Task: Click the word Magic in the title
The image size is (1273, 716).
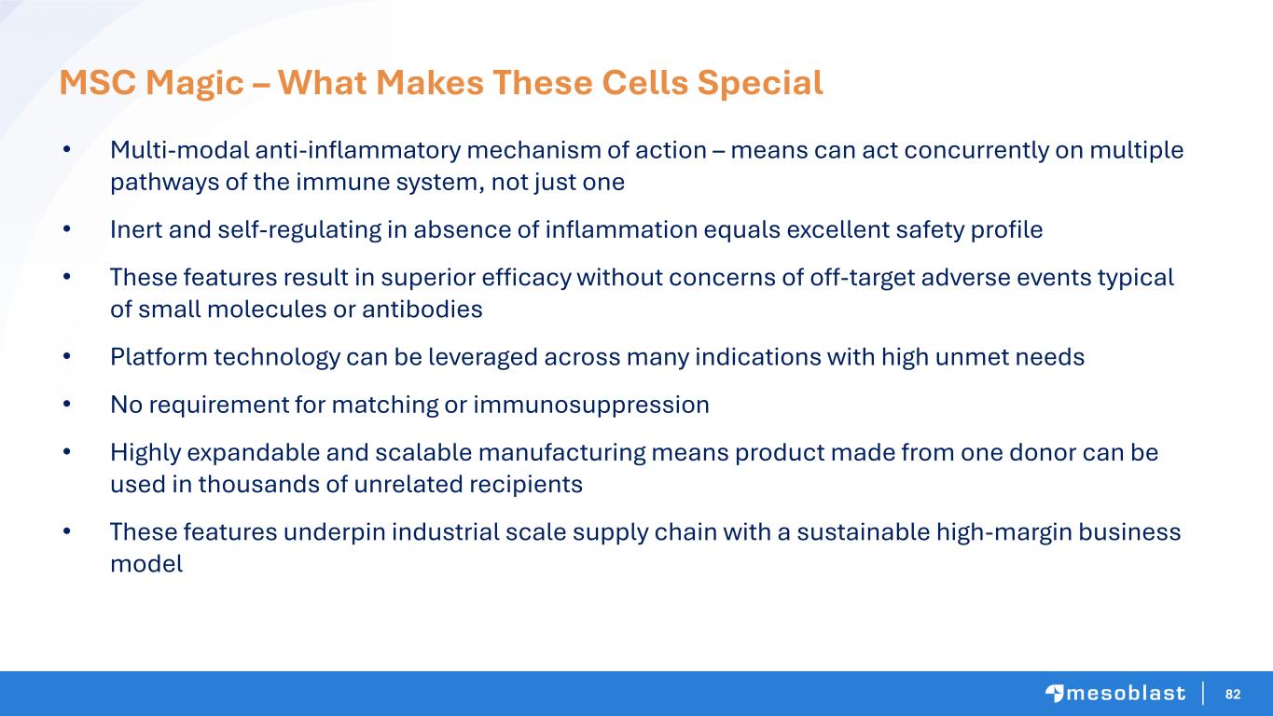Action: click(x=195, y=84)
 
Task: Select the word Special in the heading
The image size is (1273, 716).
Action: click(x=760, y=84)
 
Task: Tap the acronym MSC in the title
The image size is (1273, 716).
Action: click(x=97, y=82)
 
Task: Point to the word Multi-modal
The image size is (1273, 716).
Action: click(x=180, y=150)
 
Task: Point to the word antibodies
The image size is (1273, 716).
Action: click(x=422, y=310)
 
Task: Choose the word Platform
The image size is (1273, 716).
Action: click(x=159, y=357)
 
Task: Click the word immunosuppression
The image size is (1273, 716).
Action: click(x=591, y=406)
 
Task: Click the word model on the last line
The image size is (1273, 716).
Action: click(x=146, y=564)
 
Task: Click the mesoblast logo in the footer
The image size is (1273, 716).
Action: click(x=1115, y=694)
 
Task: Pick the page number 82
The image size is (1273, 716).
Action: click(x=1233, y=694)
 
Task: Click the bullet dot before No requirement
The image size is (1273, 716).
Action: click(x=67, y=405)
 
